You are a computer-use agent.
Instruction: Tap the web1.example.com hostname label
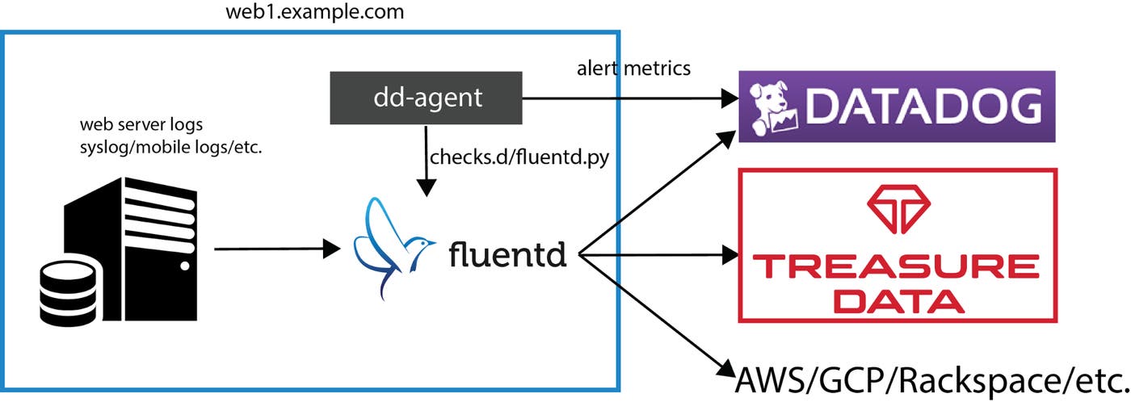point(316,13)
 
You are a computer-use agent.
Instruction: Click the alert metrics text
point(633,68)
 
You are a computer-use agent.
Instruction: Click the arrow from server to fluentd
point(275,249)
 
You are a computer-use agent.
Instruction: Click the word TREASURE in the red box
point(897,266)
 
